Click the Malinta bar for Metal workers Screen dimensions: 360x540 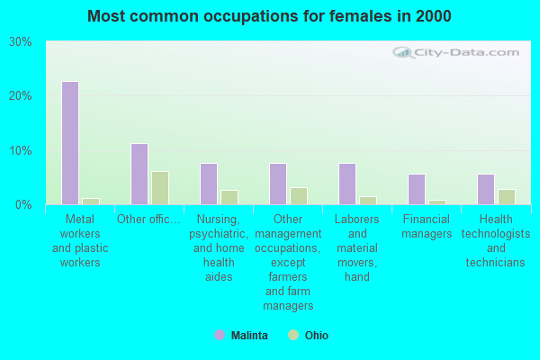point(70,143)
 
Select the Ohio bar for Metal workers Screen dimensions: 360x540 point(91,201)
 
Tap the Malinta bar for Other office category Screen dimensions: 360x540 point(139,174)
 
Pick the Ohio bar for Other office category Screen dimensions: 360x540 point(160,188)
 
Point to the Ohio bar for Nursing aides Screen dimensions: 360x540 point(229,197)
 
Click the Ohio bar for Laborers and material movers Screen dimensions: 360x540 point(368,200)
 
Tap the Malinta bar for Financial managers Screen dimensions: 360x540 point(417,189)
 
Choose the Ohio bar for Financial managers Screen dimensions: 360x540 point(437,202)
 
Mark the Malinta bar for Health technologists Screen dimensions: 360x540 point(486,189)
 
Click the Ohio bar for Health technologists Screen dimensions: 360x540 point(507,196)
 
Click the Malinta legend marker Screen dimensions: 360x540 point(219,336)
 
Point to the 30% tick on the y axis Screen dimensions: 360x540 point(21,42)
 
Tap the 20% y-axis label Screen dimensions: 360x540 point(21,96)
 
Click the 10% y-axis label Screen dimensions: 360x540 point(21,150)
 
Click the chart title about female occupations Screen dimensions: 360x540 point(270,16)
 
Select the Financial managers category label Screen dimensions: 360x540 point(427,227)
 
